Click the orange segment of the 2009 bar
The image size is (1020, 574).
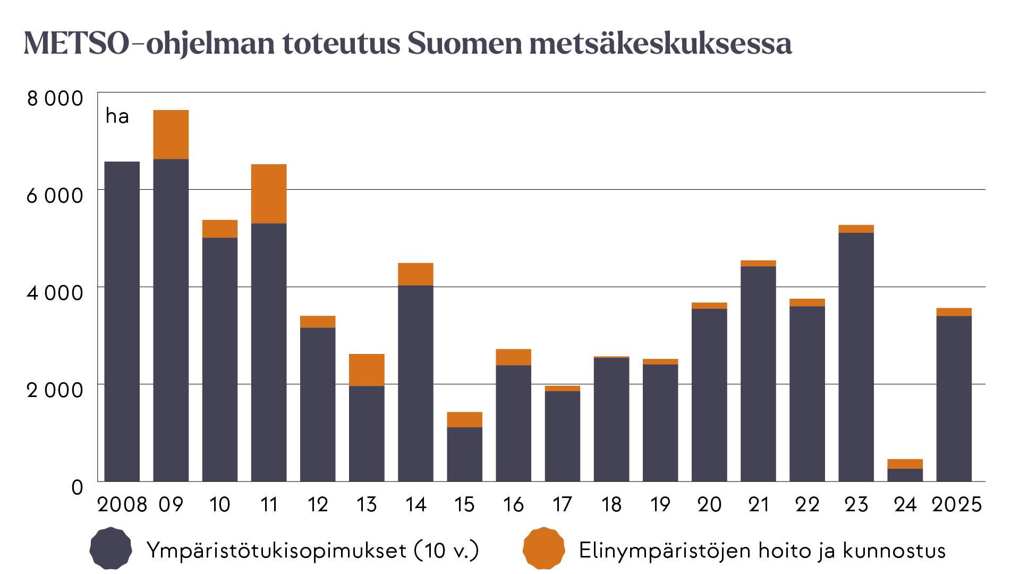[171, 134]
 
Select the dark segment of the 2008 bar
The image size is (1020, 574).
[122, 322]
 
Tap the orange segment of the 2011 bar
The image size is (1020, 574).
[269, 194]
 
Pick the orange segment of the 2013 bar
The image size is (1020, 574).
[367, 370]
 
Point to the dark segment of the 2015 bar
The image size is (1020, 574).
[464, 454]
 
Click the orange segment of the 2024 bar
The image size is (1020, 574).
[905, 464]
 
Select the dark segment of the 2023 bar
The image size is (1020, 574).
[856, 357]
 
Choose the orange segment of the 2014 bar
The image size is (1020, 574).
[415, 274]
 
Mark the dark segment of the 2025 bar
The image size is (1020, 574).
[954, 399]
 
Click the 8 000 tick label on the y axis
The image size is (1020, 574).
[55, 99]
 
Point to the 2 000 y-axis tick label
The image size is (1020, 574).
[55, 390]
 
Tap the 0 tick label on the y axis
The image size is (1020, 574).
[78, 487]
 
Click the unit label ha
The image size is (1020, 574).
[117, 116]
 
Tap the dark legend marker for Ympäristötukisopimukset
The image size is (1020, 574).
[110, 548]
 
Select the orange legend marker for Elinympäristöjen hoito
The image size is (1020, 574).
[543, 548]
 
